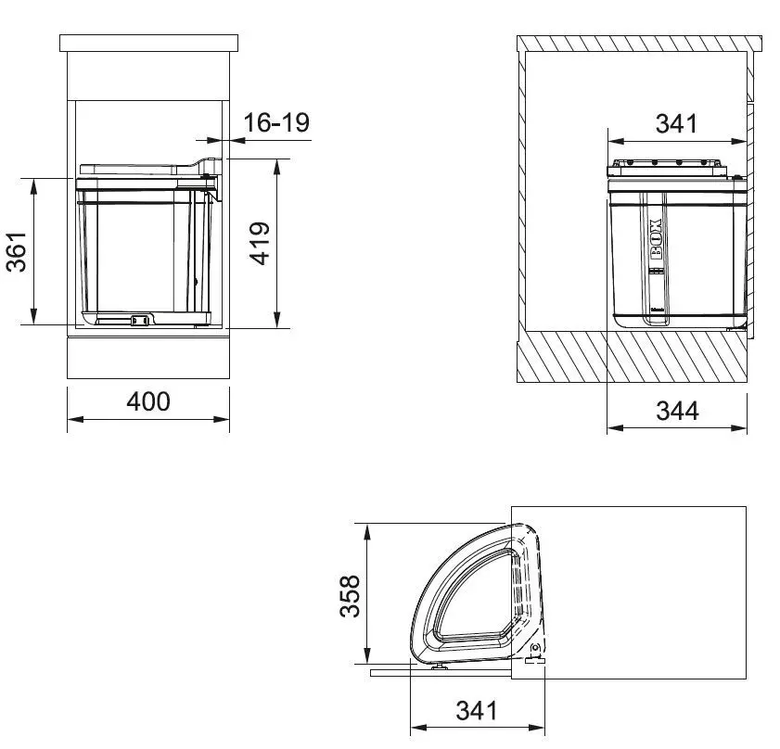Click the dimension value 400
click(x=148, y=402)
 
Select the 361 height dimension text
click(x=17, y=251)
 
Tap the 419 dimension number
click(x=261, y=243)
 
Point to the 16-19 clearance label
click(x=275, y=122)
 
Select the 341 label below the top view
click(x=477, y=711)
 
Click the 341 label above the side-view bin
click(x=676, y=122)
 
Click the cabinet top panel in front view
click(x=148, y=43)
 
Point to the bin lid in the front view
click(x=139, y=169)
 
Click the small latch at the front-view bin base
click(x=140, y=321)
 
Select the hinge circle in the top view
click(x=535, y=648)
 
